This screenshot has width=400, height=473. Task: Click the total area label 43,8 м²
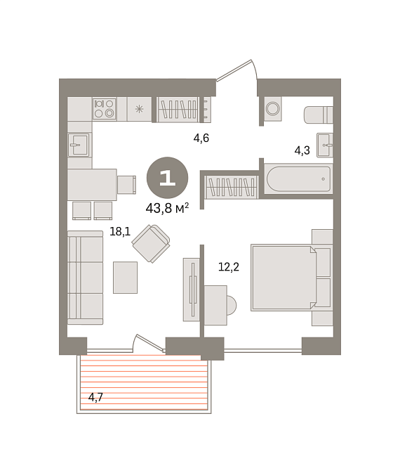point(167,208)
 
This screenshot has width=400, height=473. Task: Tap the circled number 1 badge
point(168,178)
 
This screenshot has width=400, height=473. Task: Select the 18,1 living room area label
point(120,232)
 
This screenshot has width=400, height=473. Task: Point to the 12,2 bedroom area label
point(229,267)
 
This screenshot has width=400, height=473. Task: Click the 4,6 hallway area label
point(201,138)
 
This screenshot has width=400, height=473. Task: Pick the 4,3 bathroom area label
point(302,150)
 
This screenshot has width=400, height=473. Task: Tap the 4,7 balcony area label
point(95,397)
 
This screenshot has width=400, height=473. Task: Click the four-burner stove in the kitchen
point(105,109)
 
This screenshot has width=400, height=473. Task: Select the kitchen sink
point(79,145)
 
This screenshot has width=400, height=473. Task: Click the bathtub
point(298,179)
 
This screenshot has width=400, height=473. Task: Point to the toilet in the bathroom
point(319,115)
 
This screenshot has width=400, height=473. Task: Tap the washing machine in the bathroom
point(273,109)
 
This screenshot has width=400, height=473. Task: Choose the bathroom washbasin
point(325,145)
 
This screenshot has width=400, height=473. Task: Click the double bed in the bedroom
point(291,278)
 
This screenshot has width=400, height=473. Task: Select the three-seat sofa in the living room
point(85,278)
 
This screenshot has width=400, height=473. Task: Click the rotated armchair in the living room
point(151,243)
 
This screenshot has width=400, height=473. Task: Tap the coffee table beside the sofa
point(126,278)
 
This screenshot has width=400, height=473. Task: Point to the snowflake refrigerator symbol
point(139,109)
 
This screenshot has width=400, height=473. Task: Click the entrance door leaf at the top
point(234,70)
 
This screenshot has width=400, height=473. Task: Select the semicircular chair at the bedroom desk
point(232,305)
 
